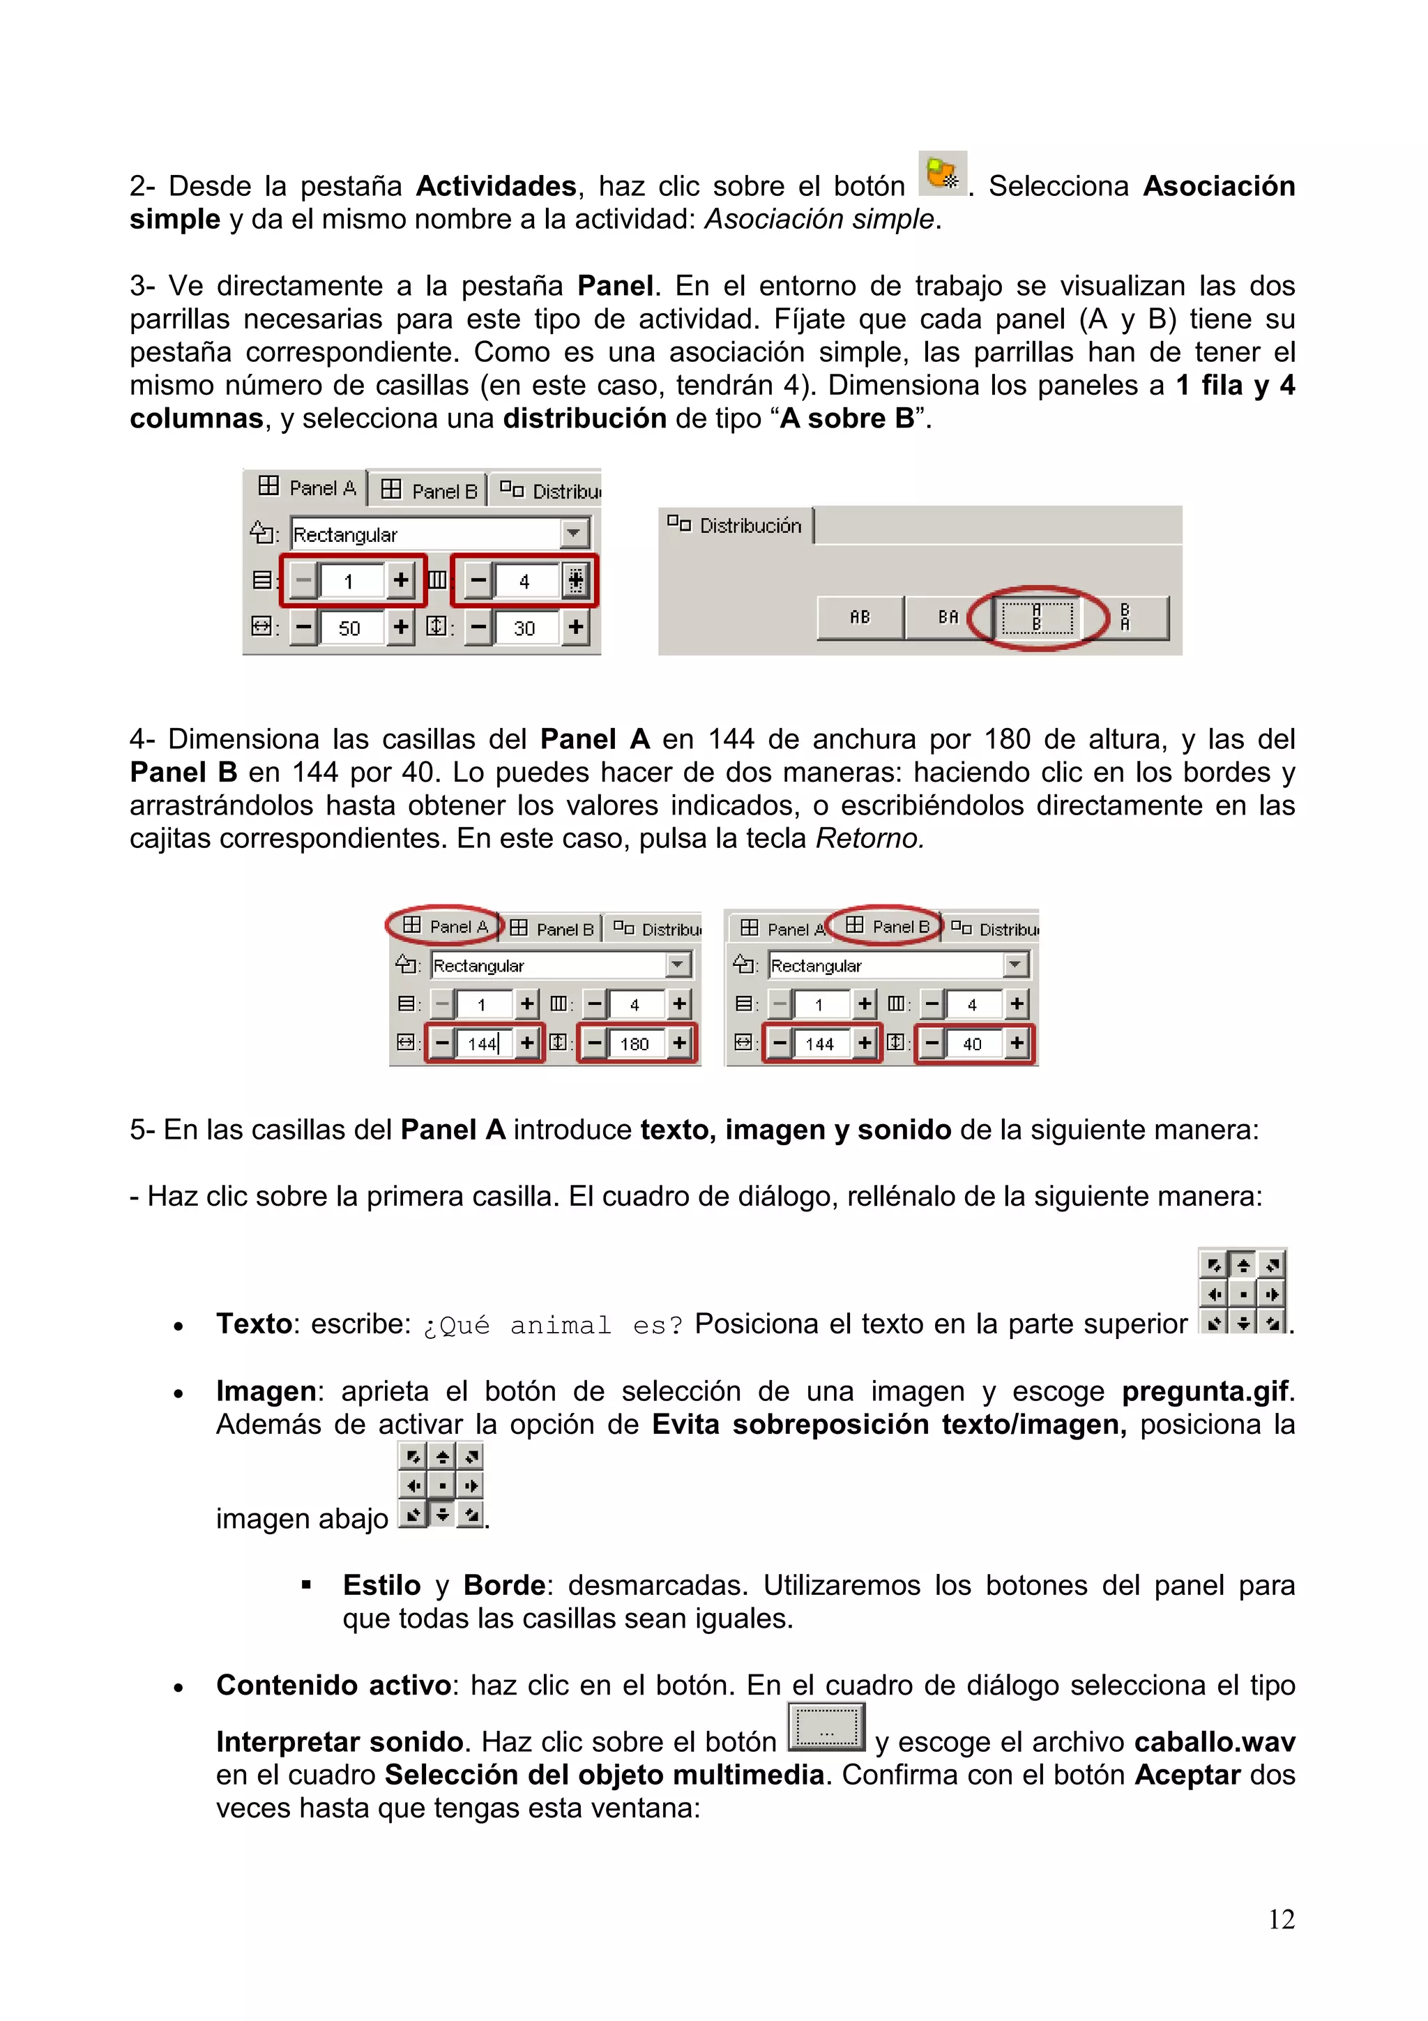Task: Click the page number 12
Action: click(x=1280, y=1919)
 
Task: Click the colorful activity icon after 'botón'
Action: click(x=941, y=174)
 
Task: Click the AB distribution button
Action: click(x=860, y=617)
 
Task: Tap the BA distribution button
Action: click(x=948, y=617)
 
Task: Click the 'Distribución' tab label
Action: click(x=750, y=526)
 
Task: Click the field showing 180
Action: click(x=635, y=1044)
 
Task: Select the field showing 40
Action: click(x=971, y=1044)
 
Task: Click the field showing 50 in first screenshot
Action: click(x=349, y=628)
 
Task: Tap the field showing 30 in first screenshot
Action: click(x=524, y=628)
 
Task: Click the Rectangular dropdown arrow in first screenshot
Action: click(x=574, y=533)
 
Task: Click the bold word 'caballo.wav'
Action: click(x=1214, y=1742)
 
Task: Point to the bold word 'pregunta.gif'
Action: click(x=1206, y=1391)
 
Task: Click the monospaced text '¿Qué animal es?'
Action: click(x=552, y=1325)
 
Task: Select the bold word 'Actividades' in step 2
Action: click(x=495, y=186)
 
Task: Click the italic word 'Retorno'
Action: click(x=867, y=838)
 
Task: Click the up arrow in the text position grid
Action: click(x=1243, y=1265)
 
